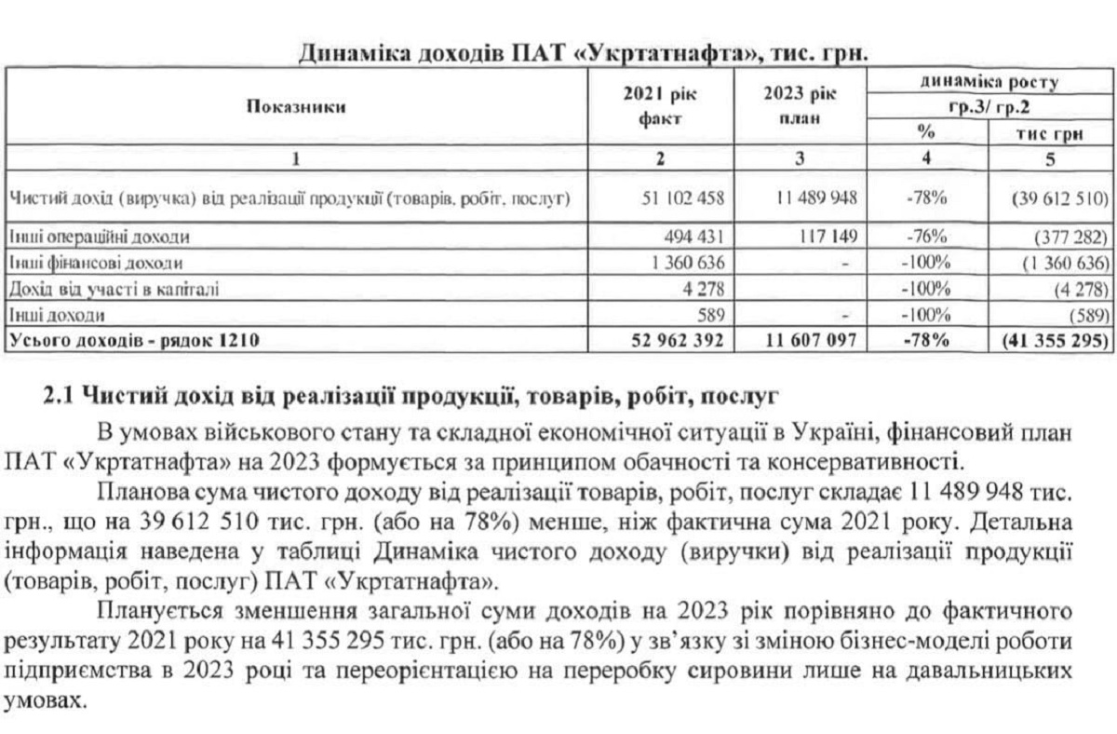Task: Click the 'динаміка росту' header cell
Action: (990, 82)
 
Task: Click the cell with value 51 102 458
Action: (683, 198)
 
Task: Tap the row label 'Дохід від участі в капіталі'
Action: (113, 290)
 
